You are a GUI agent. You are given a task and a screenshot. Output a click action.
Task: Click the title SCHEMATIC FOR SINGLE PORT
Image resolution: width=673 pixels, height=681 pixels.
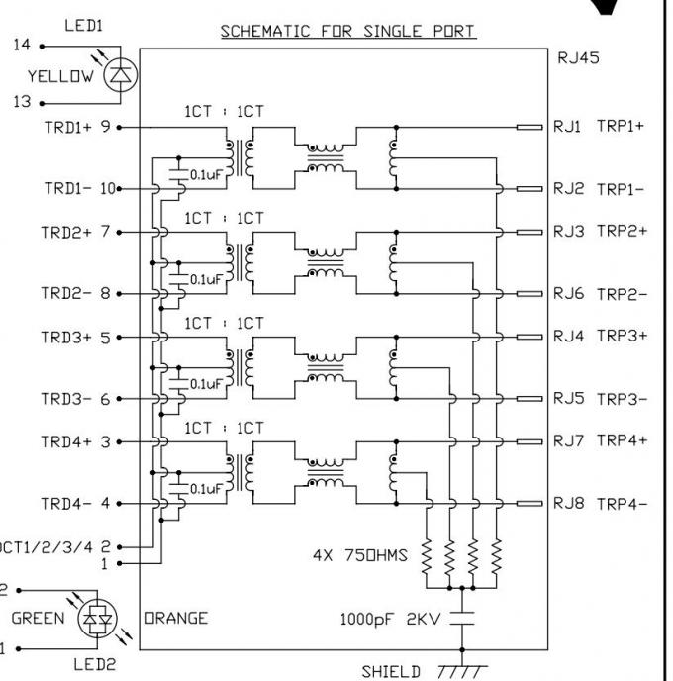click(x=347, y=31)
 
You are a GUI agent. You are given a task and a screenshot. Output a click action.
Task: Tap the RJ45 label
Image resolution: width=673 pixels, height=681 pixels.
click(x=578, y=57)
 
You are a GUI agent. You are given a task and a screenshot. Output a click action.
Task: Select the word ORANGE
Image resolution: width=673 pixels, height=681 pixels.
click(x=176, y=619)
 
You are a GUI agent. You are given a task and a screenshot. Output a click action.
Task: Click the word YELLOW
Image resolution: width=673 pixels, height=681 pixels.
click(x=61, y=75)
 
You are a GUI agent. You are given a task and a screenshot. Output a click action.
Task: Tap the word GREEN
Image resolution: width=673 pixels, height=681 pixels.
click(x=38, y=619)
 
